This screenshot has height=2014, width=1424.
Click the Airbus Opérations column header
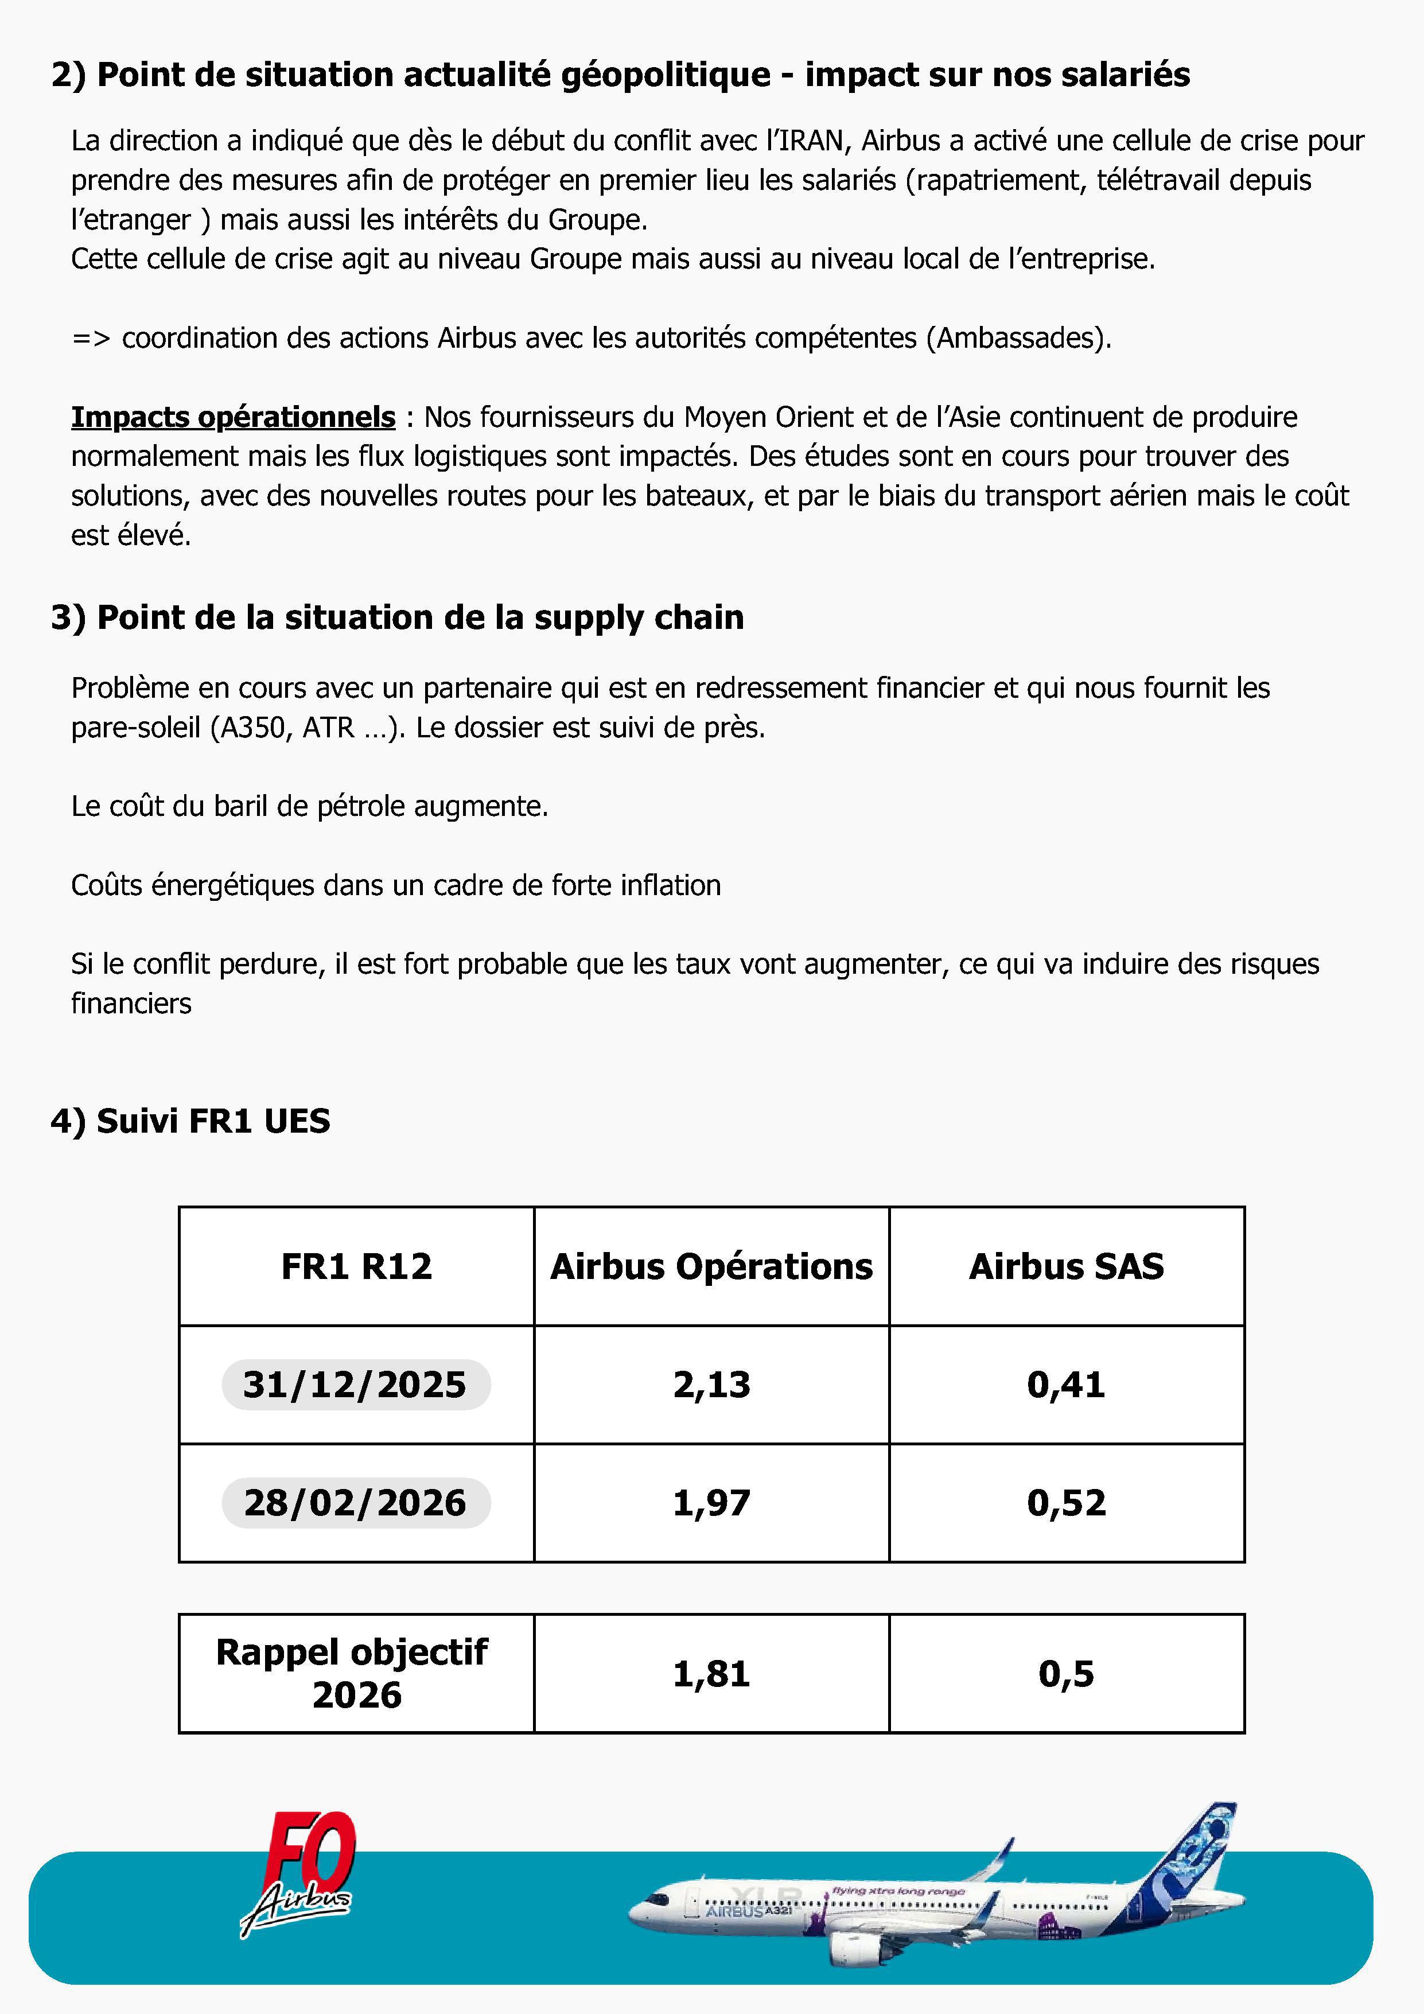click(x=711, y=1267)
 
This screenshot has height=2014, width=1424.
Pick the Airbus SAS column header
click(x=1066, y=1267)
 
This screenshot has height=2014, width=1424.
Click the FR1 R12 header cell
click(x=356, y=1267)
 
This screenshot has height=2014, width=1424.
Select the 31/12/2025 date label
click(x=355, y=1384)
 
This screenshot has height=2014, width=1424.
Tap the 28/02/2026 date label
click(x=355, y=1503)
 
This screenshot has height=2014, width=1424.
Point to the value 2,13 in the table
click(x=711, y=1384)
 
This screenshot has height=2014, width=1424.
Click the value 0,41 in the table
click(x=1066, y=1384)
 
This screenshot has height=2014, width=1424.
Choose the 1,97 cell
click(x=711, y=1503)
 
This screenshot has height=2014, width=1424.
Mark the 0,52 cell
click(x=1066, y=1503)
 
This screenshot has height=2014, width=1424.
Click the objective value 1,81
click(x=711, y=1674)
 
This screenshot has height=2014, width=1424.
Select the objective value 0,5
click(x=1066, y=1674)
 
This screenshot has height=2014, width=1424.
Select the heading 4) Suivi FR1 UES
click(x=190, y=1121)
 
